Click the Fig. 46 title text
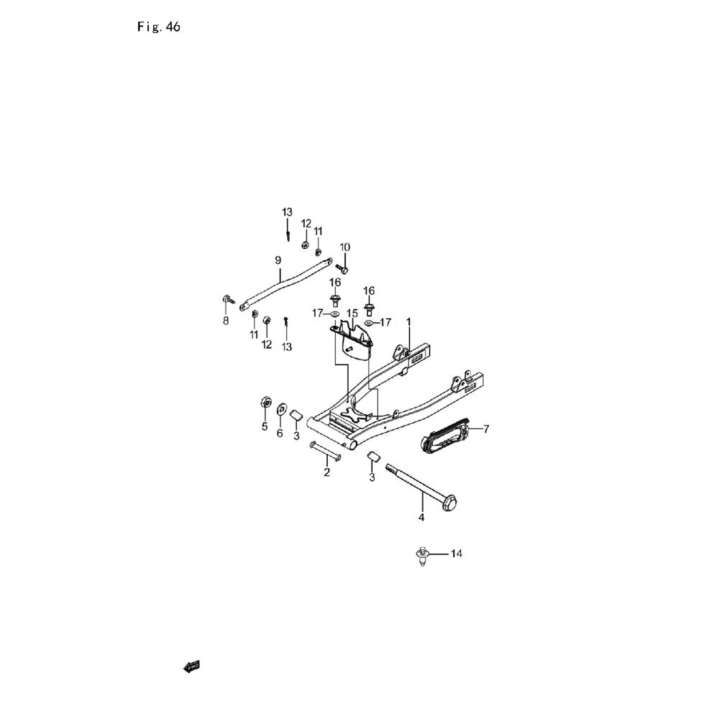(158, 27)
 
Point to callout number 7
(486, 429)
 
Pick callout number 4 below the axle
(422, 517)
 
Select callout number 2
(326, 472)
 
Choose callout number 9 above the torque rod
(278, 260)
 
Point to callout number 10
(344, 247)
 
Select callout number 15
(352, 313)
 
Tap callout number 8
(225, 321)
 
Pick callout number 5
(264, 427)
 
